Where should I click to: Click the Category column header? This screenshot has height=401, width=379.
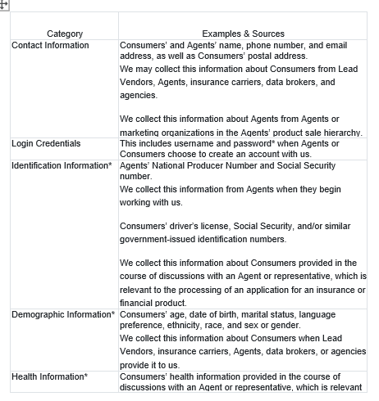[65, 34]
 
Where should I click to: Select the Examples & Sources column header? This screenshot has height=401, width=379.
[243, 34]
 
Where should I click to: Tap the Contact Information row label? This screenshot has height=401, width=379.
[50, 45]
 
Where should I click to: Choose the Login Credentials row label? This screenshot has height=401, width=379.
[46, 143]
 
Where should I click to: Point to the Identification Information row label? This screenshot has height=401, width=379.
[62, 165]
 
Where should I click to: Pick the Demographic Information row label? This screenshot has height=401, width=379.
[63, 314]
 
